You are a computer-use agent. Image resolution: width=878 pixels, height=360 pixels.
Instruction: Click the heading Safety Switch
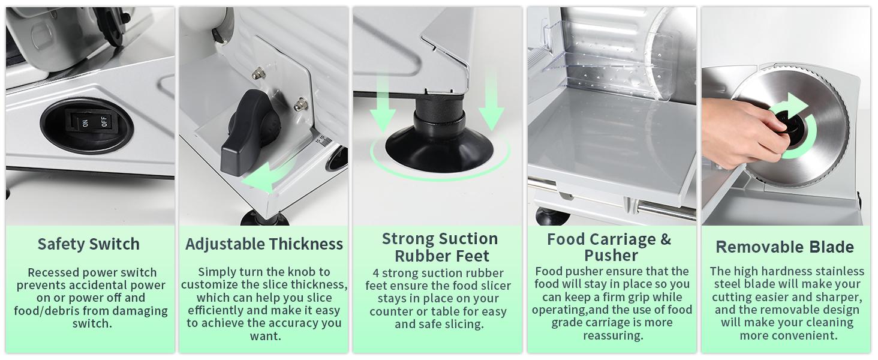point(89,244)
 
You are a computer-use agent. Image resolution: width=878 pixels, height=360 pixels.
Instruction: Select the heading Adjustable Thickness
point(264,244)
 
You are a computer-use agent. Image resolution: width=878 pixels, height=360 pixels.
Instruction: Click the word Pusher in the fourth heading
point(611,256)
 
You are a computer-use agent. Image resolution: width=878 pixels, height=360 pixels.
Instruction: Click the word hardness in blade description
point(762,272)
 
